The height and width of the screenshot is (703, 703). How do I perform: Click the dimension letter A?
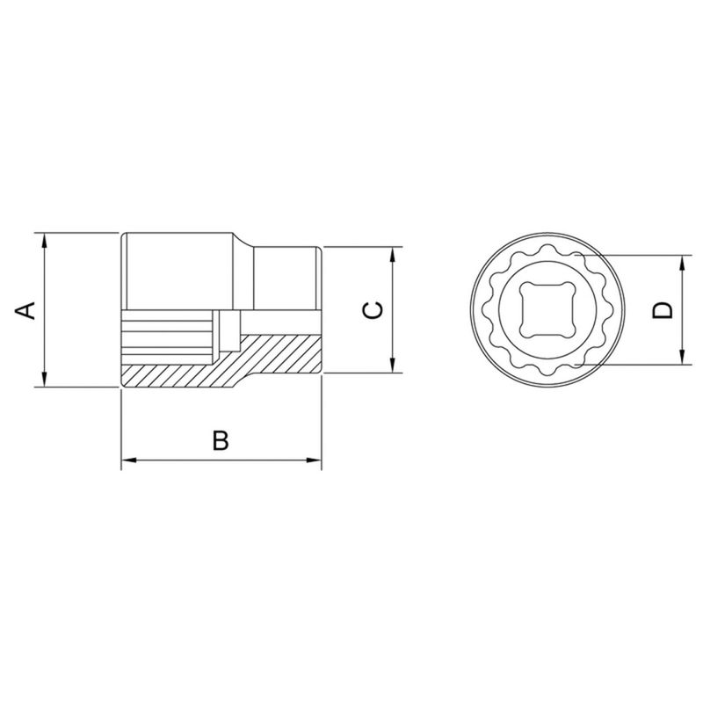point(25,310)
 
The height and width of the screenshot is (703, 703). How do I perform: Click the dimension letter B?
point(221,440)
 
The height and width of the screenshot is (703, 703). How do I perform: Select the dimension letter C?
point(373,310)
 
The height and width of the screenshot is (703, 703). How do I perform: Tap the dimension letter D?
point(663,310)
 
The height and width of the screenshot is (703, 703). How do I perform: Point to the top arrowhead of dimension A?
point(44,241)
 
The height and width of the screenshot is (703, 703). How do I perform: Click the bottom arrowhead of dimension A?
point(44,379)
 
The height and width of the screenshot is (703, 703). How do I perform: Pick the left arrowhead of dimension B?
point(129,460)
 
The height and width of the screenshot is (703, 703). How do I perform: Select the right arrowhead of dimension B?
point(314,460)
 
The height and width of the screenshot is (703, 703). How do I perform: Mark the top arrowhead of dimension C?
point(392,255)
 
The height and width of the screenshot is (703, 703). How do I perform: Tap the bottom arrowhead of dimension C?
point(392,365)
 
